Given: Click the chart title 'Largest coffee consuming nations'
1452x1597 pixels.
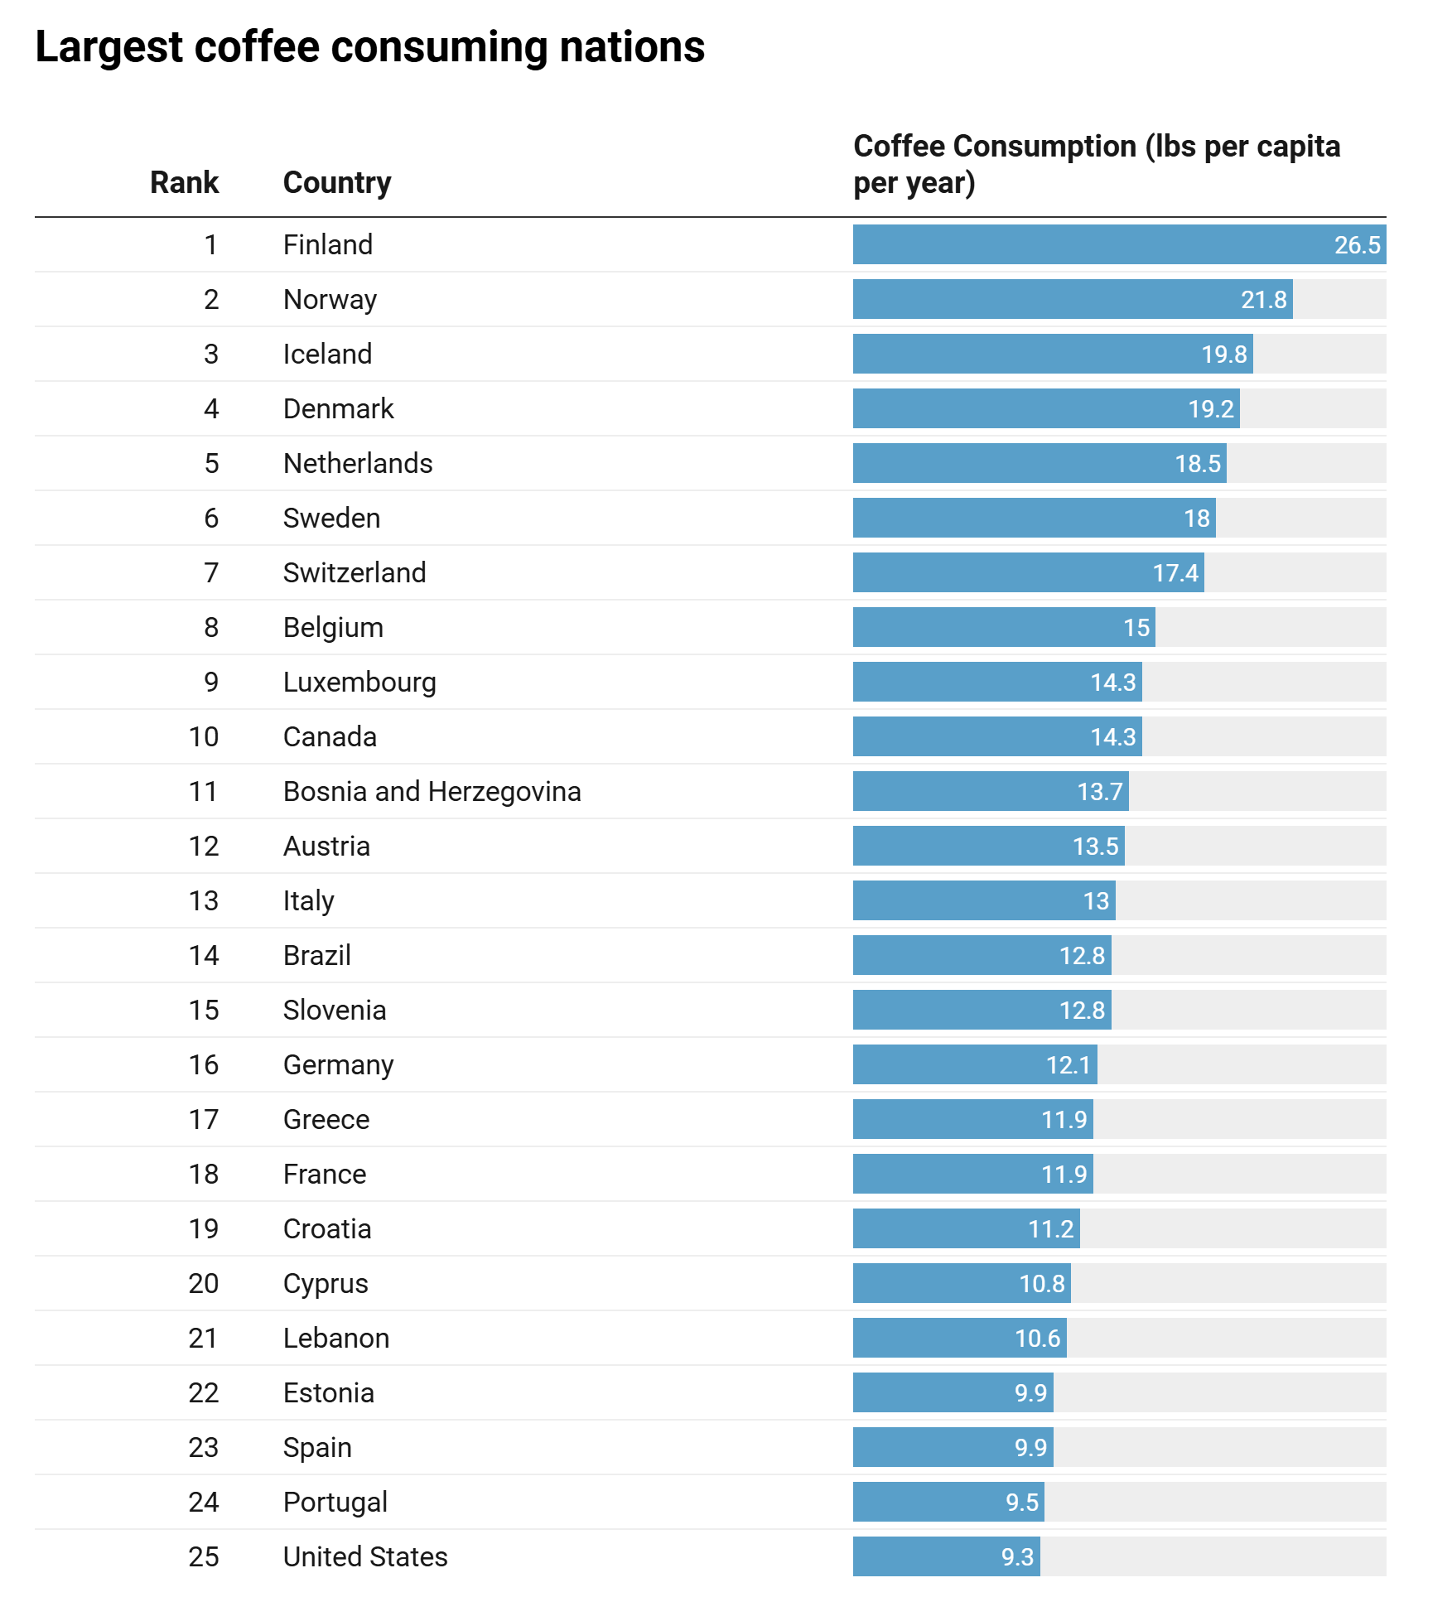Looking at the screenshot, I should (369, 47).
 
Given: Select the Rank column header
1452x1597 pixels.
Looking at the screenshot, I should (184, 182).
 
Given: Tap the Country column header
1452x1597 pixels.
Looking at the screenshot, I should (337, 182).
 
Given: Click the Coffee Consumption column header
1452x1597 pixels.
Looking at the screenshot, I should (1096, 164).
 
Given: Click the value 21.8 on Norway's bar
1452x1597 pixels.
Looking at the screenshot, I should (1263, 300).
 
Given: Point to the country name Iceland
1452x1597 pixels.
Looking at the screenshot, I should (327, 354).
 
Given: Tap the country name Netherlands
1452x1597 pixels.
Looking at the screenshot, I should (358, 463).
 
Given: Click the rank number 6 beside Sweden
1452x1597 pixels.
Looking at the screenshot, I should (211, 518).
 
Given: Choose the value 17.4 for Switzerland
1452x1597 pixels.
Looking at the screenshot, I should (1175, 573).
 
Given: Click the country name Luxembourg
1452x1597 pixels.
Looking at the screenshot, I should (359, 682).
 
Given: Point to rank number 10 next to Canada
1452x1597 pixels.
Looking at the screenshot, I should (204, 736).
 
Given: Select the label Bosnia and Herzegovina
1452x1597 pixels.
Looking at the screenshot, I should (432, 791).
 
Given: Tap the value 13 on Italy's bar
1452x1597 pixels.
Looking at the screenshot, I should (1096, 901).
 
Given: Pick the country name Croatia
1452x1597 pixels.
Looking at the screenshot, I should (327, 1228).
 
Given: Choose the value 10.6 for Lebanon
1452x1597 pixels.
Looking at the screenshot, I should (1037, 1339).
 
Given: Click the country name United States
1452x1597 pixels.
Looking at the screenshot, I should (365, 1556).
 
